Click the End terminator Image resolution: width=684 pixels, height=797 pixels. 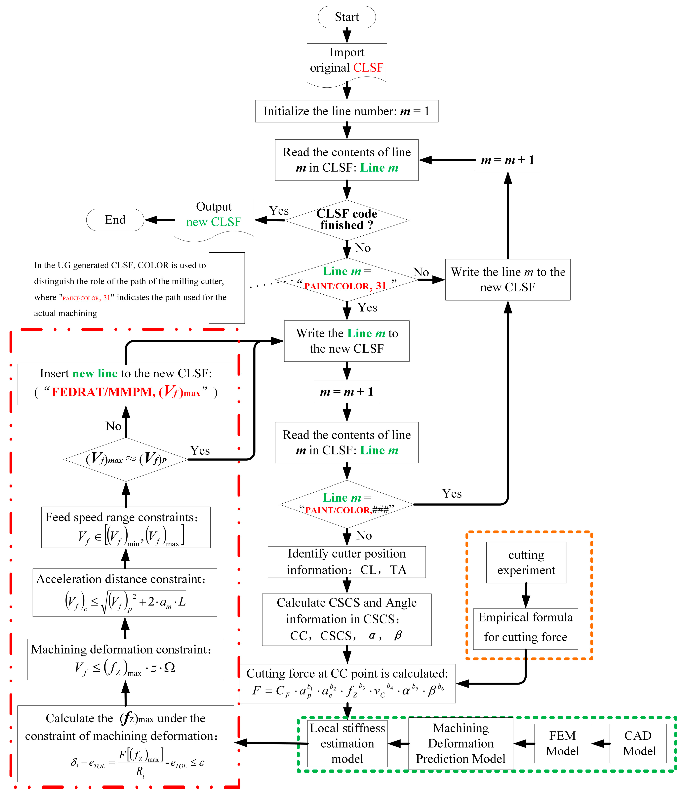click(115, 220)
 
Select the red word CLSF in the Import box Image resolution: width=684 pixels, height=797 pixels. click(368, 68)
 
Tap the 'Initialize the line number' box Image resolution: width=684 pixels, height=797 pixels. click(346, 111)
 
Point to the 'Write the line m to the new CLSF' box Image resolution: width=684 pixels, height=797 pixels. click(507, 280)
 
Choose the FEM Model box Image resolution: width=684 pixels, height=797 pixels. click(562, 743)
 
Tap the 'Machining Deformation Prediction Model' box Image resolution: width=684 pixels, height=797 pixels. click(461, 743)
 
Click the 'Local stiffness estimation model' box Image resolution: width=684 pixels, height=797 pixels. click(347, 743)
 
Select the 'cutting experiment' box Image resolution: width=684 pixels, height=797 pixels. click(526, 562)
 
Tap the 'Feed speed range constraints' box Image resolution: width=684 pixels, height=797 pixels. click(126, 527)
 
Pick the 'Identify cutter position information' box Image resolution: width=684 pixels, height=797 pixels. click(346, 562)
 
